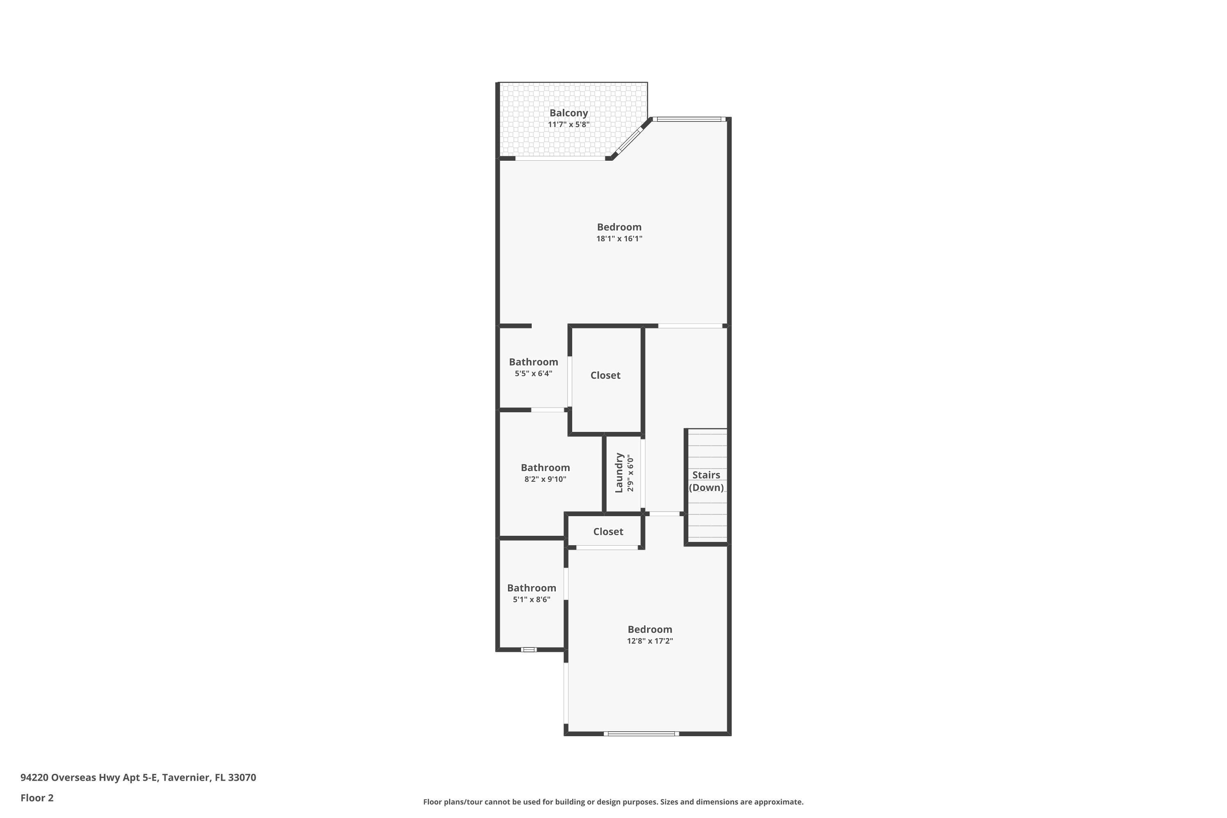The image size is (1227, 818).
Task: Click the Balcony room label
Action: click(x=568, y=113)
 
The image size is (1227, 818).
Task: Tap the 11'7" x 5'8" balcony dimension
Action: click(x=568, y=125)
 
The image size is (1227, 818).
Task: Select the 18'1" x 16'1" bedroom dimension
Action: click(x=619, y=239)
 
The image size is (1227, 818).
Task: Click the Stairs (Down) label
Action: click(x=706, y=481)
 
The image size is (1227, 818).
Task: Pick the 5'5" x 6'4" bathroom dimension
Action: click(x=533, y=373)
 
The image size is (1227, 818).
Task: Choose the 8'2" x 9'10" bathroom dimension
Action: click(x=545, y=479)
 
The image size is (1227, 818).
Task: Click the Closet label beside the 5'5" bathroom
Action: click(x=605, y=375)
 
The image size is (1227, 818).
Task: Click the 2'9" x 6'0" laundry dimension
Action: click(x=630, y=473)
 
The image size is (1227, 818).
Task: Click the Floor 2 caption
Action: click(x=37, y=798)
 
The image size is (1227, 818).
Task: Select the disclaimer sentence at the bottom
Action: click(x=613, y=802)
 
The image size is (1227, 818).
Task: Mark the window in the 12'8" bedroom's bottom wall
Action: click(x=641, y=733)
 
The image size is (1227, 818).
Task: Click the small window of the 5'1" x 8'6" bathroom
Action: click(x=528, y=649)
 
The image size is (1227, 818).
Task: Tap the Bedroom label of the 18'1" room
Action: click(x=619, y=227)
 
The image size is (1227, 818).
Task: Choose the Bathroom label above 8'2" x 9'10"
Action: click(x=545, y=467)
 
